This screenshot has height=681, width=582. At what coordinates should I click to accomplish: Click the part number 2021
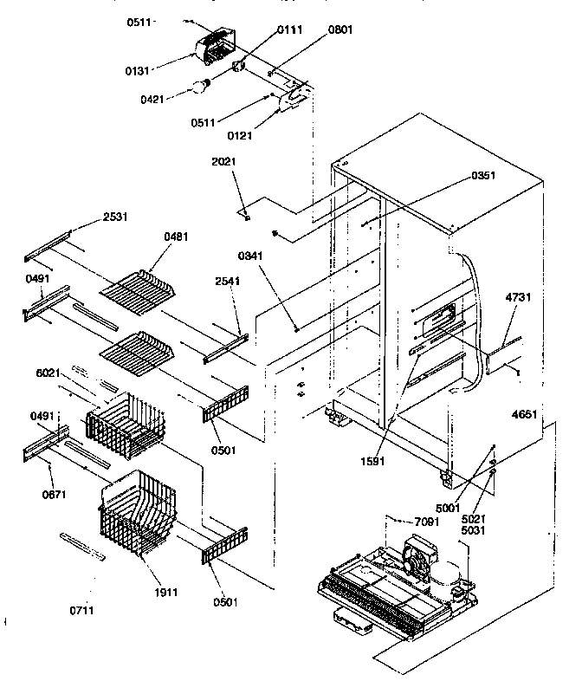[x=223, y=161]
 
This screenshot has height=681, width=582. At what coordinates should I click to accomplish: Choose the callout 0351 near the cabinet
[x=483, y=176]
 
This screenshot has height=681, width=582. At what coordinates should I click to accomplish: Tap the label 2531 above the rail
[x=114, y=216]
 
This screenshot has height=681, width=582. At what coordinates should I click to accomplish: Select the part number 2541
[x=229, y=282]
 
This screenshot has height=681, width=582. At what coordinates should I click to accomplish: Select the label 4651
[x=524, y=415]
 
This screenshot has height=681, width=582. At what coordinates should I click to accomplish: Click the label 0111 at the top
[x=290, y=30]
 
